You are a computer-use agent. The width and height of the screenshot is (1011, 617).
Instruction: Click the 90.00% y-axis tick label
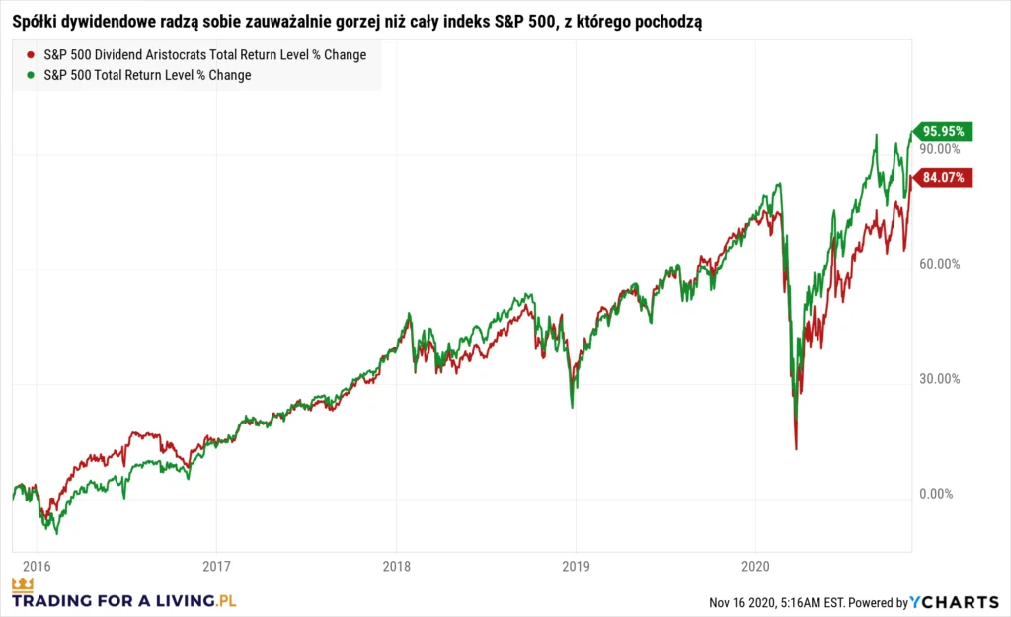coord(940,149)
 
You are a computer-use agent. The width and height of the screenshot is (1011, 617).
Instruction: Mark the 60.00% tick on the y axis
coord(940,264)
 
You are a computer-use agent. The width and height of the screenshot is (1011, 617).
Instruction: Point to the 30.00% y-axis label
coord(940,379)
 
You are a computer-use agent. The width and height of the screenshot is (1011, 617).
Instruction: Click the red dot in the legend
coord(32,55)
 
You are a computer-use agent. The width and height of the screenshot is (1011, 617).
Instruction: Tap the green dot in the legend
coord(32,75)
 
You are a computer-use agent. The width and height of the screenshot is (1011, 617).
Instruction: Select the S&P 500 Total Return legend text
coord(148,75)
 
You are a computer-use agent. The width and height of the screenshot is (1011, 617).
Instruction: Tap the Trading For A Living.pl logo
coord(124,596)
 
